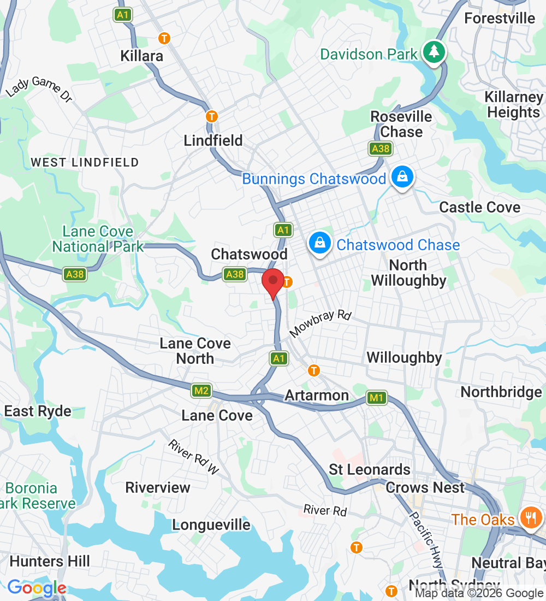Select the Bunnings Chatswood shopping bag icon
[x=402, y=177]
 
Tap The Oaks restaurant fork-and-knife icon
[x=530, y=516]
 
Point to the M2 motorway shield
[x=201, y=390]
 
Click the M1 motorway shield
[x=376, y=398]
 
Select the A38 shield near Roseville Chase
[x=380, y=149]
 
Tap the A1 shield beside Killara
[x=123, y=15]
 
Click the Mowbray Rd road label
[x=321, y=323]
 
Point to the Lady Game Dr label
[x=39, y=87]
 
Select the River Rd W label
[x=193, y=456]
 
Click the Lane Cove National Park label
[x=98, y=239]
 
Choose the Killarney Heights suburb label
[x=513, y=105]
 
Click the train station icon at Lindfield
[x=212, y=116]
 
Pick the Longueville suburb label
[x=211, y=525]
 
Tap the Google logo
[x=37, y=588]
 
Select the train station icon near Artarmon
[x=313, y=370]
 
